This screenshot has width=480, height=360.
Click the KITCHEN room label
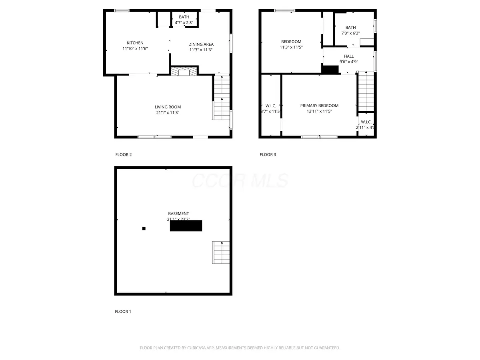tap(135, 43)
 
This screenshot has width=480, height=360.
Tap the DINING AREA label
tap(201, 44)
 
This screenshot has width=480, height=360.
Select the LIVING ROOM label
tap(168, 107)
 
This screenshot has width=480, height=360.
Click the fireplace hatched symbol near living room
tap(184, 71)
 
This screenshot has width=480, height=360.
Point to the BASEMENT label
tap(178, 214)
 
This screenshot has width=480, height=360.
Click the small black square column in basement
tap(144, 228)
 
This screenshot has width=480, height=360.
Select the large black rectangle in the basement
tap(186, 226)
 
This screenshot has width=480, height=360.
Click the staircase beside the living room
tap(221, 98)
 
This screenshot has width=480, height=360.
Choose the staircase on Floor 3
tap(365, 91)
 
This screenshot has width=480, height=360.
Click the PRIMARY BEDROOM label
tap(319, 106)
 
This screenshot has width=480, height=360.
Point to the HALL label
tap(348, 56)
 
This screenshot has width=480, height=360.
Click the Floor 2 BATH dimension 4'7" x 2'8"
tap(184, 23)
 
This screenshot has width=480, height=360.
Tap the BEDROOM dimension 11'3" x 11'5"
tap(291, 47)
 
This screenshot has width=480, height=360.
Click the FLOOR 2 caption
tap(123, 154)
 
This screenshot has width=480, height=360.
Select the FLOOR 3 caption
tap(268, 154)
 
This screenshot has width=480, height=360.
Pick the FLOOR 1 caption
tap(123, 311)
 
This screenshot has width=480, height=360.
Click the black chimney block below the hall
tap(330, 70)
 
